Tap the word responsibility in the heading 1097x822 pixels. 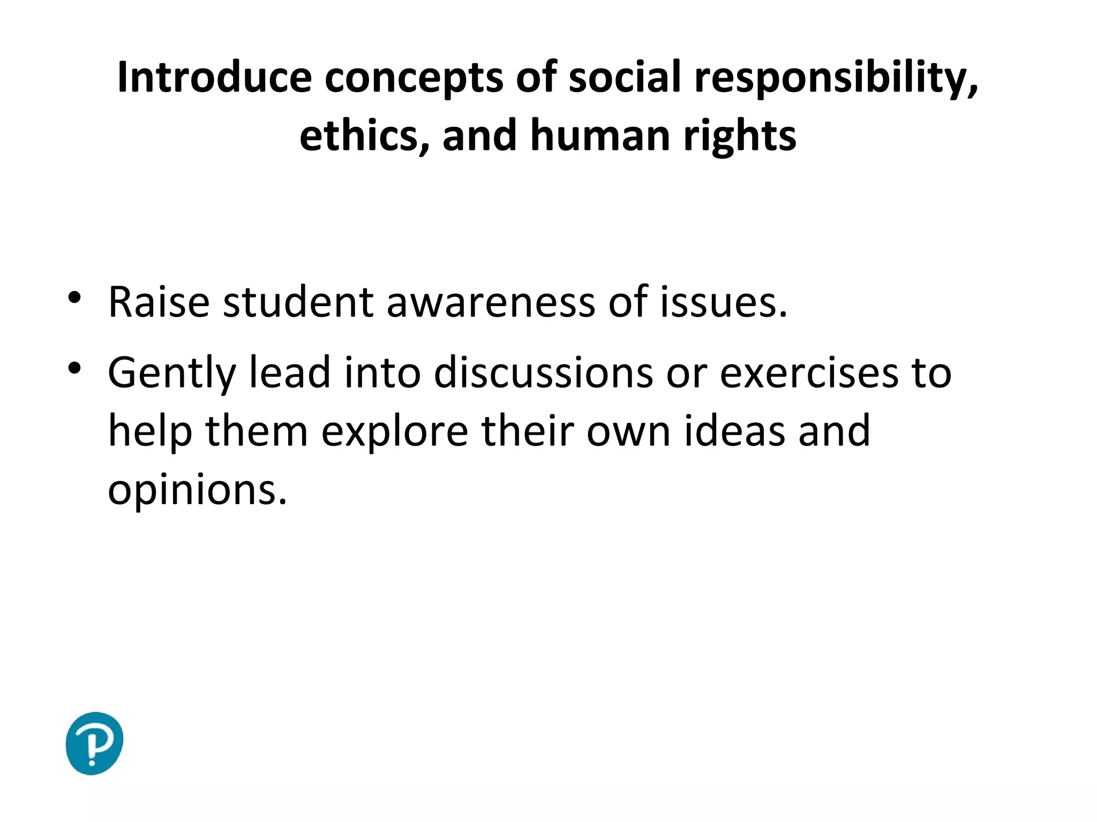(x=836, y=78)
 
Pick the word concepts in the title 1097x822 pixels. (x=414, y=78)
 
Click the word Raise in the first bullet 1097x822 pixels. (x=159, y=302)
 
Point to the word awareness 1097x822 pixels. (x=491, y=302)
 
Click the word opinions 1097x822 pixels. (x=197, y=490)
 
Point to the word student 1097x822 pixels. (x=298, y=302)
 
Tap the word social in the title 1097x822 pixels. (x=625, y=78)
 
